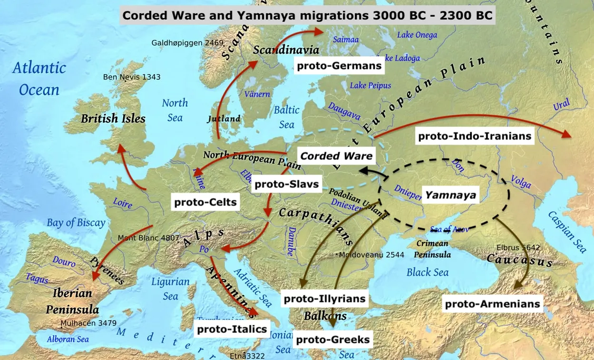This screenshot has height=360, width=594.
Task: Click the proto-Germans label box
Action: (x=340, y=66)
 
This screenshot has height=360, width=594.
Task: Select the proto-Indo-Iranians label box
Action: (x=474, y=136)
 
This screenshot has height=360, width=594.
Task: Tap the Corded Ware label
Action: (x=336, y=156)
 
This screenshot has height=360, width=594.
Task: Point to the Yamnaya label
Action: (x=450, y=195)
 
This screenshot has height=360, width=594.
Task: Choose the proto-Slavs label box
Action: (x=286, y=184)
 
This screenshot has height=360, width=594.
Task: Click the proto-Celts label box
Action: (x=205, y=202)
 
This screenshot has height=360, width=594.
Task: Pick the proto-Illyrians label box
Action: (x=325, y=299)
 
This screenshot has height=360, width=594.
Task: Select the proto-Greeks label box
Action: (x=332, y=340)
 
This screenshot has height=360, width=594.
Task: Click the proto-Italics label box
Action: (x=232, y=329)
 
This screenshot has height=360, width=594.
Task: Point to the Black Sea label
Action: (x=428, y=272)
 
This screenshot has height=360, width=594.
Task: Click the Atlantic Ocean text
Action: (x=39, y=78)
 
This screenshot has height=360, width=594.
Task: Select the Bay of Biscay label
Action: (x=76, y=223)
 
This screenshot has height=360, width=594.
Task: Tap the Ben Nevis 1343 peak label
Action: (x=132, y=77)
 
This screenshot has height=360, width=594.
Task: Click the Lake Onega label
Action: (x=417, y=35)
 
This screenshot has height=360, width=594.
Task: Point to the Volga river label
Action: (x=521, y=180)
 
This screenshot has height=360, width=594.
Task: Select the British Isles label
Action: (x=113, y=118)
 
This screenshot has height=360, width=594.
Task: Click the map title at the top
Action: (x=307, y=15)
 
